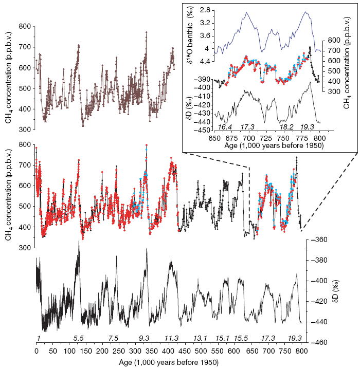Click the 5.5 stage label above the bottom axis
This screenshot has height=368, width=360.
point(79,338)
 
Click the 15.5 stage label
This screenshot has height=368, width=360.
point(240,338)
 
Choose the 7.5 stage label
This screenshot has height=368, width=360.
point(114,338)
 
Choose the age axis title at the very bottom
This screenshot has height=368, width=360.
point(168,362)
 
